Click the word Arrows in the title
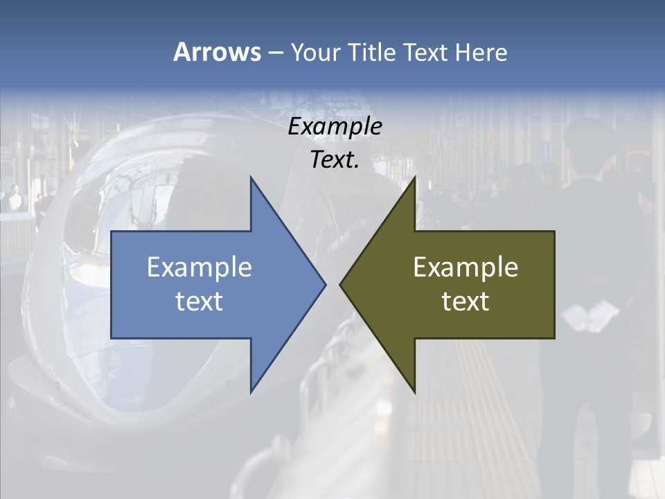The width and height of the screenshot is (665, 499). (216, 52)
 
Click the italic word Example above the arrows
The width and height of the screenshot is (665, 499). (335, 127)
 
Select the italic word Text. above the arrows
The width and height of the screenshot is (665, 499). (335, 159)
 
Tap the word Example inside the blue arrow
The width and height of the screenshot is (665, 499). (199, 268)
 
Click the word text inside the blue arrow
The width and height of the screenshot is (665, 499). (199, 301)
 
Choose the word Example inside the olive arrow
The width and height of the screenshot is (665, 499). (465, 268)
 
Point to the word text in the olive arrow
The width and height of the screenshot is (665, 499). (465, 301)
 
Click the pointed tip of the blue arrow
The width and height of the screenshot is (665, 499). (325, 284)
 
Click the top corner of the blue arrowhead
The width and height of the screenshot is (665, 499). (251, 178)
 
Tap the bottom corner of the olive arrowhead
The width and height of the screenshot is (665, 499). (414, 392)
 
